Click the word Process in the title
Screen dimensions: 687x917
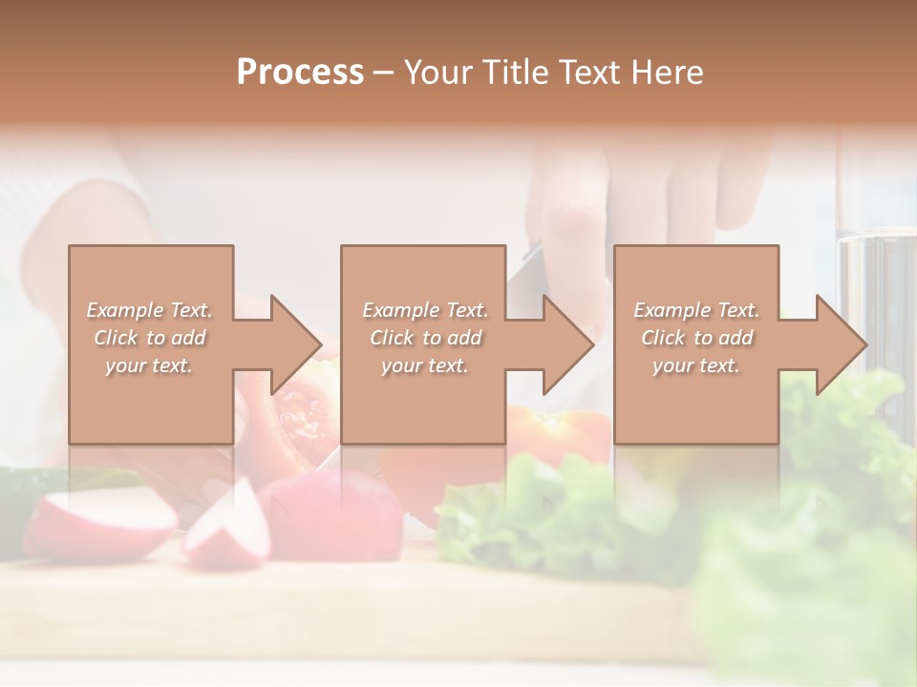[x=300, y=73]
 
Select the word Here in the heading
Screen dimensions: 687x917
[x=668, y=73]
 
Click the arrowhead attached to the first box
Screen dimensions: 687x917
[x=293, y=344]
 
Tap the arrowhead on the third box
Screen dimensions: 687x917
[x=839, y=344]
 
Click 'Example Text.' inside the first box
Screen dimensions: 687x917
[x=150, y=310]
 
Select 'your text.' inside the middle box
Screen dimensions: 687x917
[x=425, y=365]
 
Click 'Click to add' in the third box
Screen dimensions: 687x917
[x=696, y=338]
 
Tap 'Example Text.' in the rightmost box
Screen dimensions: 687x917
[x=696, y=310]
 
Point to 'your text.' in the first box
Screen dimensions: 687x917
[x=149, y=365]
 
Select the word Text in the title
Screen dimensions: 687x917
[x=585, y=73]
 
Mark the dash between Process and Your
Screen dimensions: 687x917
[x=383, y=73]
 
